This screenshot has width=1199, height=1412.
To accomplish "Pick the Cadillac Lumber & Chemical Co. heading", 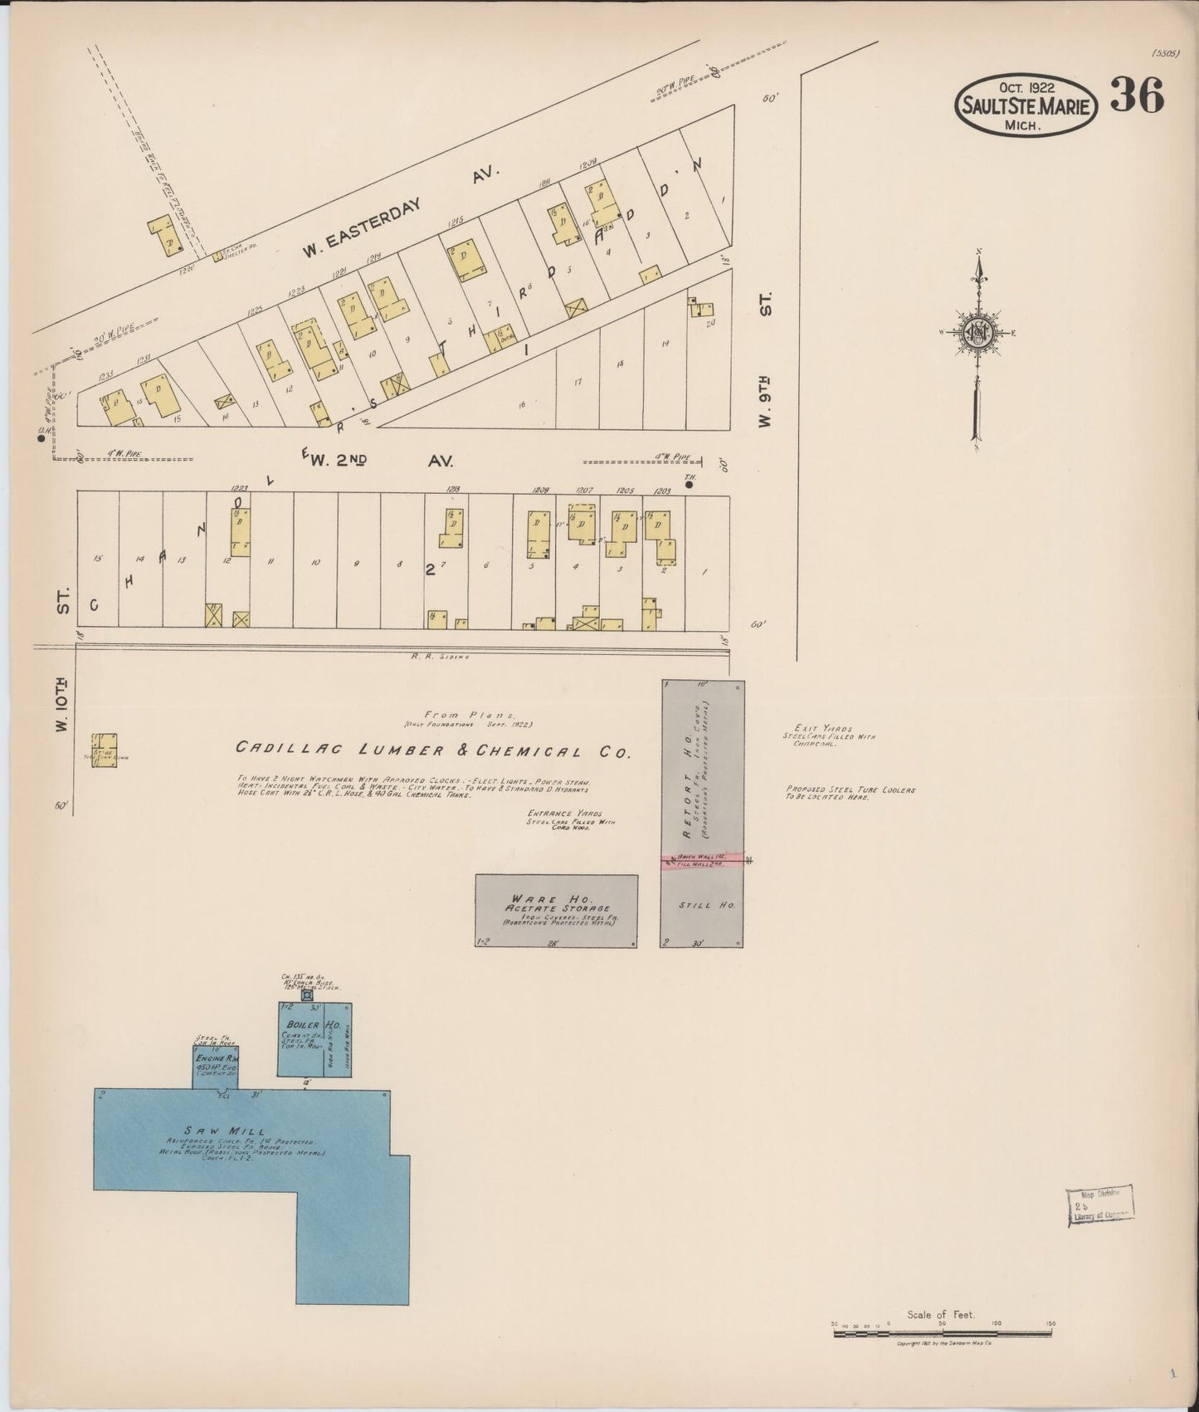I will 434,750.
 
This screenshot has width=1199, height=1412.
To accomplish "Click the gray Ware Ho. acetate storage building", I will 556,911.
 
